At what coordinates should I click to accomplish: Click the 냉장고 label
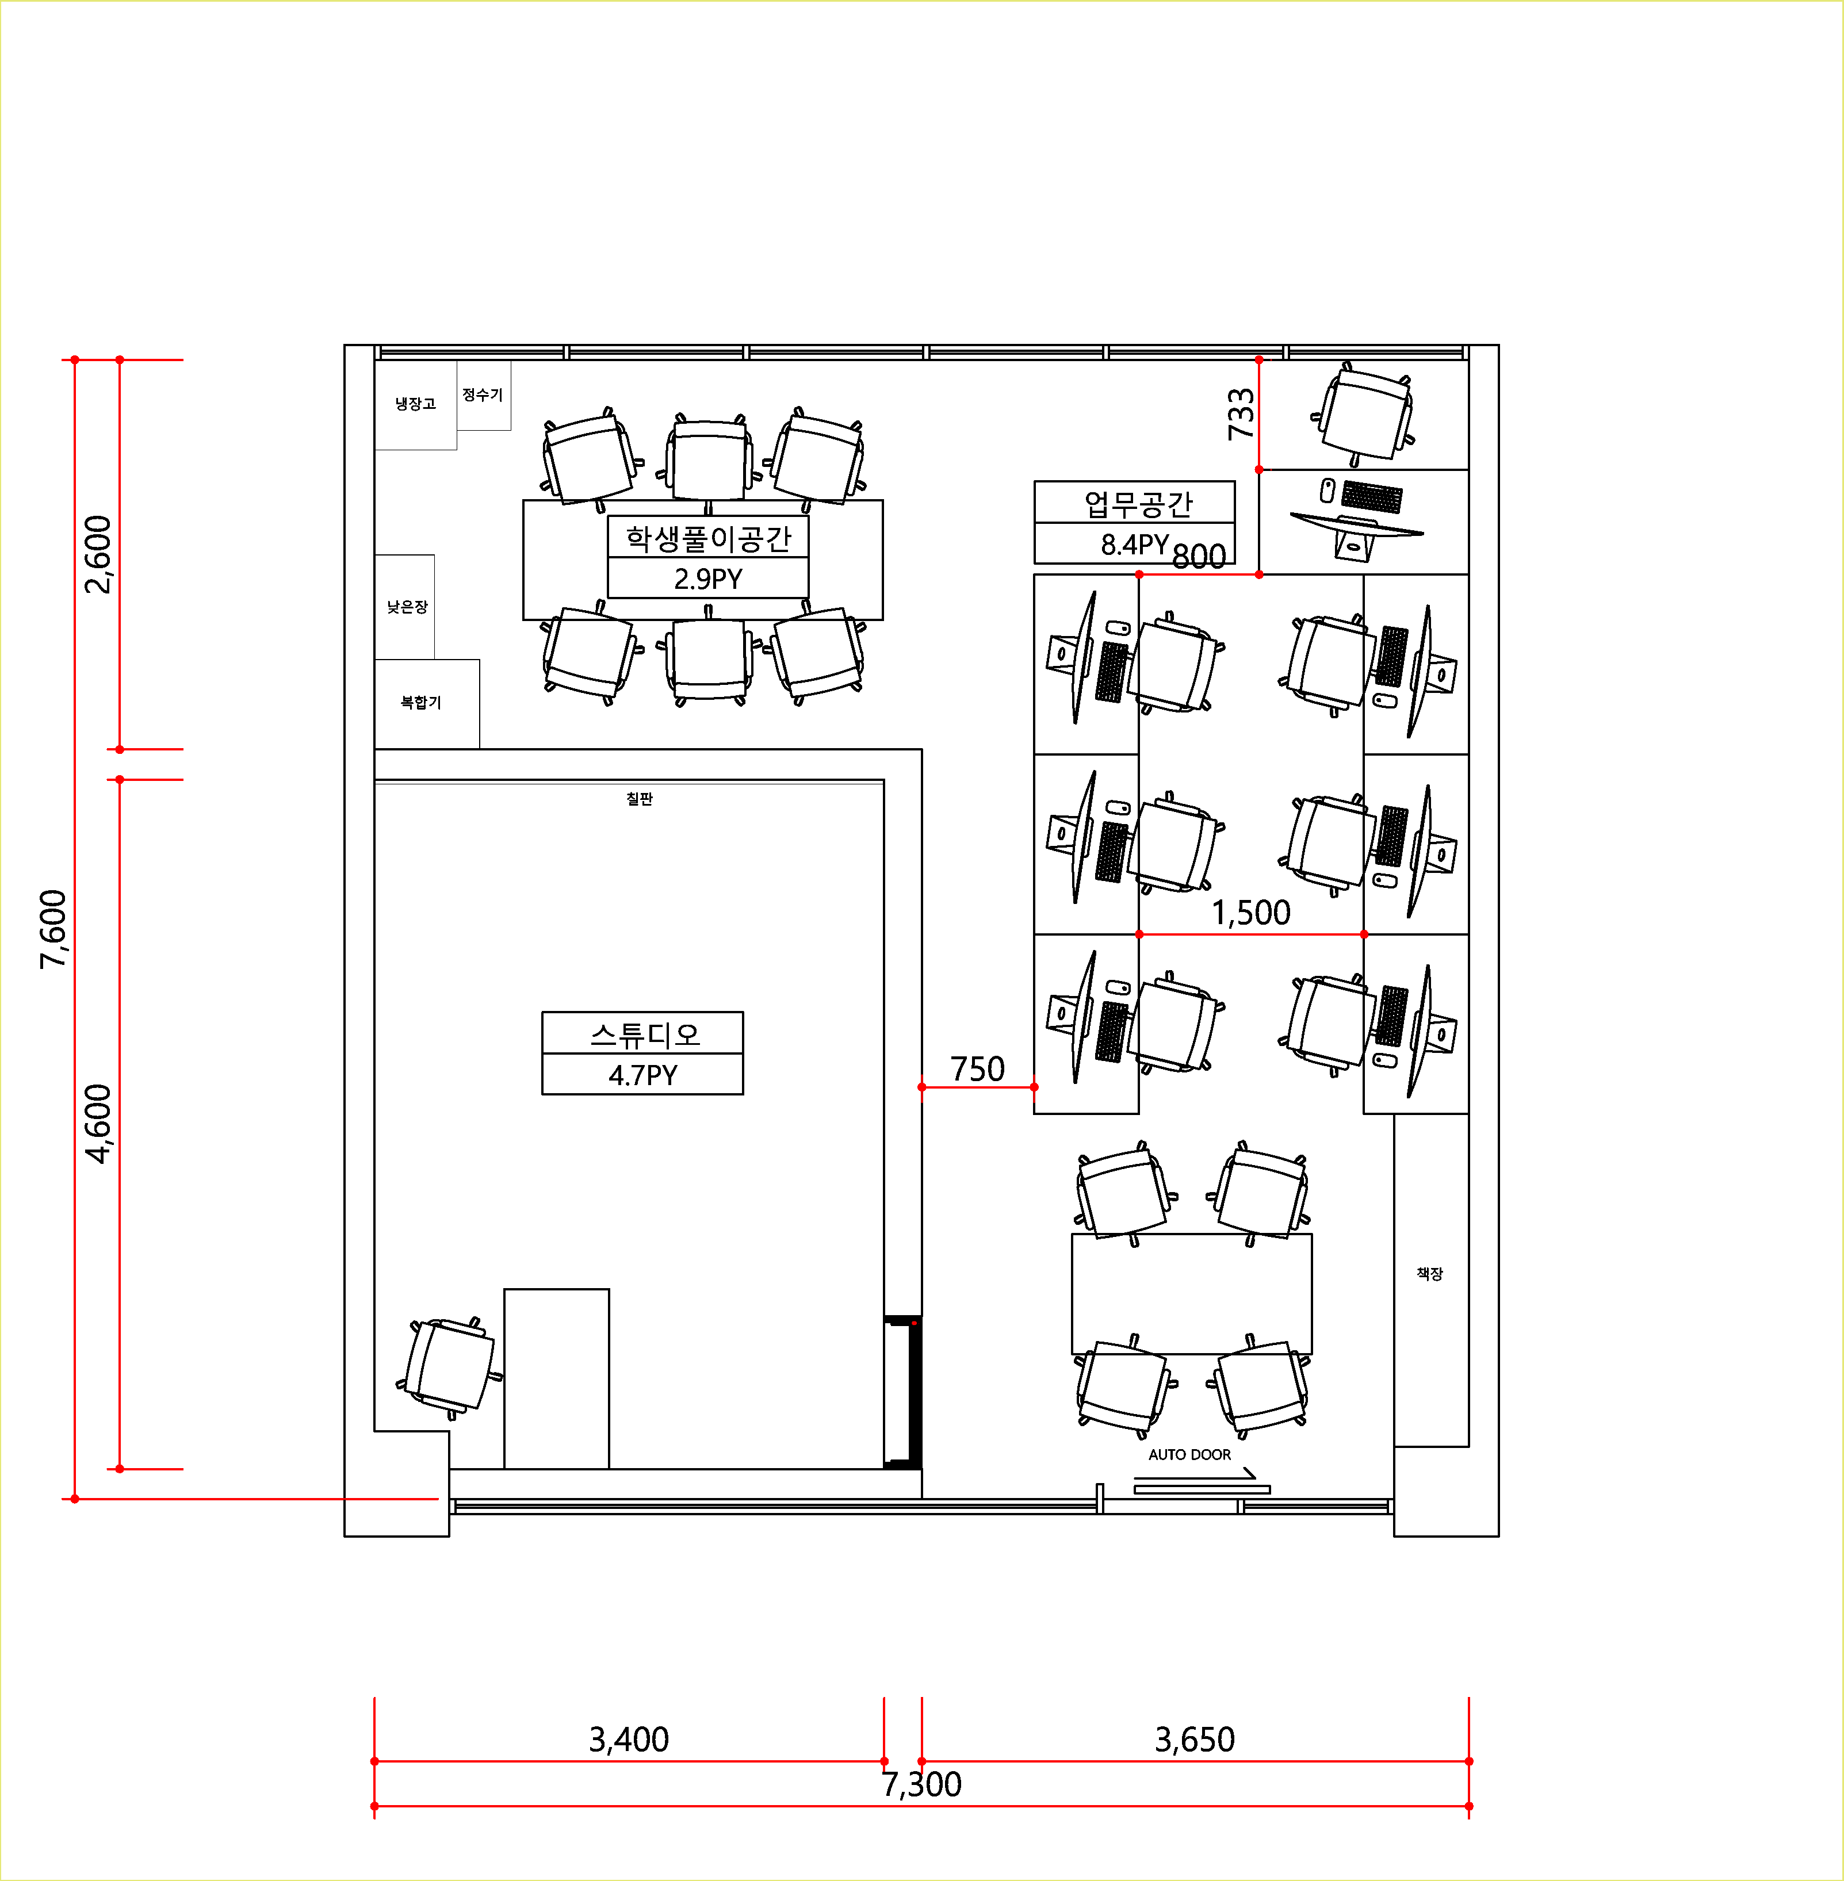click(415, 404)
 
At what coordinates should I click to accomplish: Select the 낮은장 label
click(407, 607)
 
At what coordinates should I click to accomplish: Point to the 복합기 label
click(420, 702)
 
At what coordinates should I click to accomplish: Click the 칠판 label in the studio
click(639, 799)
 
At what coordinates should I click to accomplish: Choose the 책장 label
click(1429, 1274)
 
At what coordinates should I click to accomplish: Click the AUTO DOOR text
click(1189, 1455)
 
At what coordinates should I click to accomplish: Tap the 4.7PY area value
click(643, 1075)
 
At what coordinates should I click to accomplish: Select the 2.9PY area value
click(708, 579)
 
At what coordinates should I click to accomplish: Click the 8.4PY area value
click(1135, 544)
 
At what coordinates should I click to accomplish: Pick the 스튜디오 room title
click(644, 1035)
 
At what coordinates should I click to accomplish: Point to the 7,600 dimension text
click(53, 929)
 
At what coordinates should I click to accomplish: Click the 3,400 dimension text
click(629, 1740)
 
